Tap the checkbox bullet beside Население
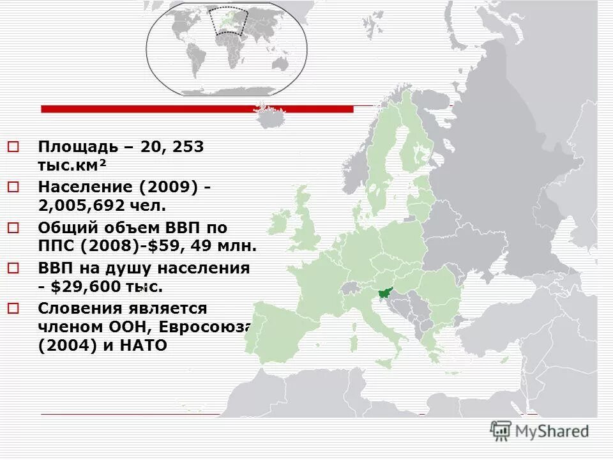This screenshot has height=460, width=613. pyautogui.click(x=14, y=187)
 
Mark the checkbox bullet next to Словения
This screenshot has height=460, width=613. pyautogui.click(x=14, y=308)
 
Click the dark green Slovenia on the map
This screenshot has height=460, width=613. pyautogui.click(x=385, y=293)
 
